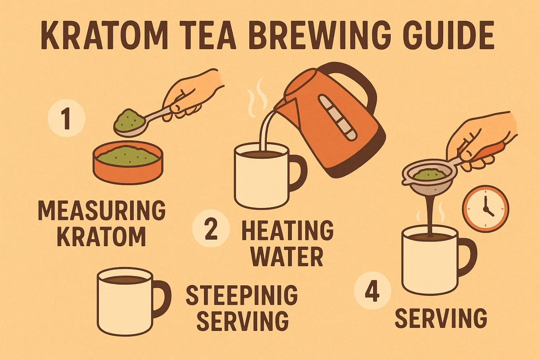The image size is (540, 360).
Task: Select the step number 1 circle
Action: (x=67, y=118)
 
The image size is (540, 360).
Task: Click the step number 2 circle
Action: (x=211, y=228)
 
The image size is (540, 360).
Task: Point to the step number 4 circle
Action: (x=372, y=294)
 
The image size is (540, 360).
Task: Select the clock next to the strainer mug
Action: (x=486, y=209)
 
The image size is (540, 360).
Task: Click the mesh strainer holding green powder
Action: (x=427, y=178)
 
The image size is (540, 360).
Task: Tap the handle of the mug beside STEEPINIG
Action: (x=162, y=299)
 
